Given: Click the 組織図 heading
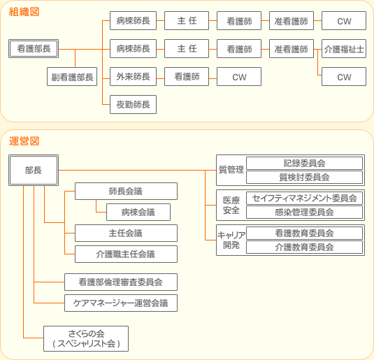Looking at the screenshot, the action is [24, 12].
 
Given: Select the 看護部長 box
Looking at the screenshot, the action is [34, 49].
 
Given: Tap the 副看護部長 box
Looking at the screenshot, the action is [72, 77].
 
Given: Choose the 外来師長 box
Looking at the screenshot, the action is [133, 77].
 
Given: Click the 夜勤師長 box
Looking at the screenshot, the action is [133, 104].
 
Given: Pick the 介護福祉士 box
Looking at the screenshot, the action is [344, 49].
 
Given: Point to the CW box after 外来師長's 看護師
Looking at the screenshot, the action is [239, 77].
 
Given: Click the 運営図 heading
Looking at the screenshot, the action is [24, 141].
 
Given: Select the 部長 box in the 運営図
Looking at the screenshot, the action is [34, 170].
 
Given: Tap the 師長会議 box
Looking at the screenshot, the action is [126, 191].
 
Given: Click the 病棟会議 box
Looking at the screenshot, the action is [138, 212].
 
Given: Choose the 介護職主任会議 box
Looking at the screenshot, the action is [126, 254].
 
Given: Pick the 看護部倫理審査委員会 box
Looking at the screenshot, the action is [121, 282].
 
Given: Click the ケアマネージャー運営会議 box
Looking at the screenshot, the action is [121, 303].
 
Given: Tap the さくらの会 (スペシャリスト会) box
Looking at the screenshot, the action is [86, 339].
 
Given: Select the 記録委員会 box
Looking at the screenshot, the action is [304, 163].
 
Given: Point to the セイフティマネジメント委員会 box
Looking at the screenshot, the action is [304, 198].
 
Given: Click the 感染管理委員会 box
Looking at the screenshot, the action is [304, 212].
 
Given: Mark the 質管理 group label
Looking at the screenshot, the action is [231, 170].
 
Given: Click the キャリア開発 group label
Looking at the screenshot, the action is [231, 240].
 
